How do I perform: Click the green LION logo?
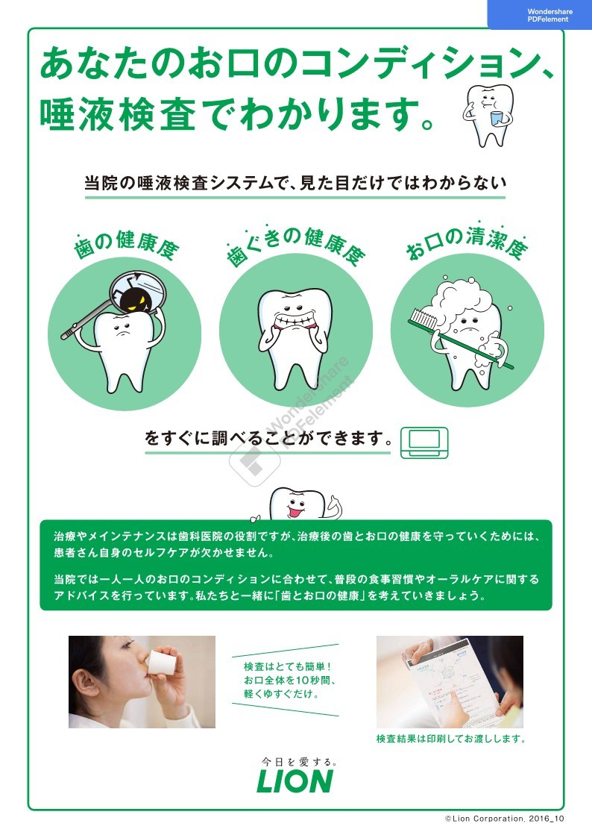click(295, 781)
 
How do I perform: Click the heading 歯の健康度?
click(127, 246)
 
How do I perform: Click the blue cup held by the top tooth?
click(497, 119)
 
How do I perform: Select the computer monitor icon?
click(424, 443)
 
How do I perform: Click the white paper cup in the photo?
click(160, 662)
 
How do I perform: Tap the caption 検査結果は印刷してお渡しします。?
click(451, 739)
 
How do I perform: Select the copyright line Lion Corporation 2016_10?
click(505, 819)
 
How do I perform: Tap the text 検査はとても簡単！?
click(288, 666)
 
